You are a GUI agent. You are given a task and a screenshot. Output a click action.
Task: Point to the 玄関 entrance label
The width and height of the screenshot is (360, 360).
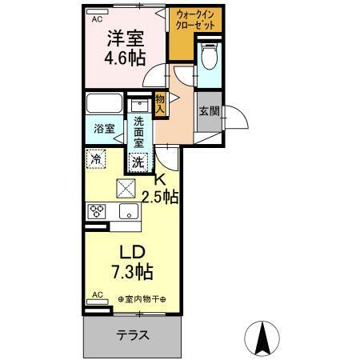(209, 111)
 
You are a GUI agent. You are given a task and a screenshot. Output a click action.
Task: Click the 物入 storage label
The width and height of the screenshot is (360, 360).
(160, 102)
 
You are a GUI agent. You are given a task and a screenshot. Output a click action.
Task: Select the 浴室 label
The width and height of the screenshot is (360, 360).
(102, 127)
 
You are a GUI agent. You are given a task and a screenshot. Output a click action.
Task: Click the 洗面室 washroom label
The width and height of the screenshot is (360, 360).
(138, 130)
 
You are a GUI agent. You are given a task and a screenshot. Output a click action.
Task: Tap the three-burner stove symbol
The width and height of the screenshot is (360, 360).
(98, 211)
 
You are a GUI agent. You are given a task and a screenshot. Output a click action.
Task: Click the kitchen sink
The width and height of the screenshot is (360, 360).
(128, 211)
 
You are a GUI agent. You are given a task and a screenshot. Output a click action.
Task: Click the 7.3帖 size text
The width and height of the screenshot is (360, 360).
(132, 271)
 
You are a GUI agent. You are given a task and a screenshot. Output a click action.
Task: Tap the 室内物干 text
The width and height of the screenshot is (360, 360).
(141, 299)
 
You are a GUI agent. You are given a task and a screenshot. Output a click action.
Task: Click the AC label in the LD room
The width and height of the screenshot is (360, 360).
(96, 295)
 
